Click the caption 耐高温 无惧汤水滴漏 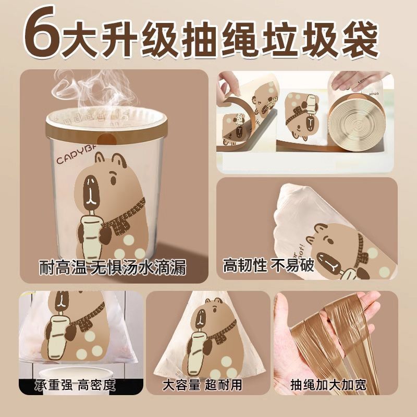click(x=113, y=267)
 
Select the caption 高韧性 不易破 click(x=268, y=265)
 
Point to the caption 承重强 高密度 click(x=75, y=385)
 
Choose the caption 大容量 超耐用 click(x=202, y=385)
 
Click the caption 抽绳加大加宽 click(x=328, y=385)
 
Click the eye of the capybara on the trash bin click(x=113, y=180)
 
